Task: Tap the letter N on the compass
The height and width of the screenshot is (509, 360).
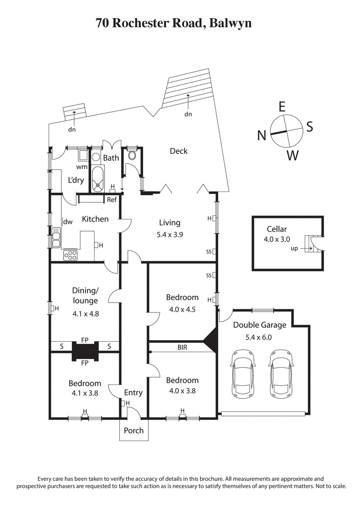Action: (261, 135)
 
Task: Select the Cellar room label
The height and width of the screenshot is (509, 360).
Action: (276, 229)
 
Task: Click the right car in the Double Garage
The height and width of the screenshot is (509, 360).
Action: (282, 374)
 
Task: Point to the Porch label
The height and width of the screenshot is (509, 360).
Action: (134, 430)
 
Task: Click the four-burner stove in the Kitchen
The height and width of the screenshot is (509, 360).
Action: (71, 255)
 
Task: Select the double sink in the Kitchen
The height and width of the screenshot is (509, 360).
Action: (56, 237)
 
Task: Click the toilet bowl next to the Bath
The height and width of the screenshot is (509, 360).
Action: (132, 156)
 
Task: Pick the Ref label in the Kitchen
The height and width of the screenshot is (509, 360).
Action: (112, 199)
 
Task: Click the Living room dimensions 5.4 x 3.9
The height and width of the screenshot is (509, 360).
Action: (170, 234)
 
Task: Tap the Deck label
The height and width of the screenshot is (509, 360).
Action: (179, 151)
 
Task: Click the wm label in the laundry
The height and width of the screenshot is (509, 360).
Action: (81, 167)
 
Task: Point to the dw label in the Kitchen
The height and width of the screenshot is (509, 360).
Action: (68, 222)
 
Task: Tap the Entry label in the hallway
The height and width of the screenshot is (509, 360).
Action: (133, 393)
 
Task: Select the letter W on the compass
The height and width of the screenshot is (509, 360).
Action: (292, 156)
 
